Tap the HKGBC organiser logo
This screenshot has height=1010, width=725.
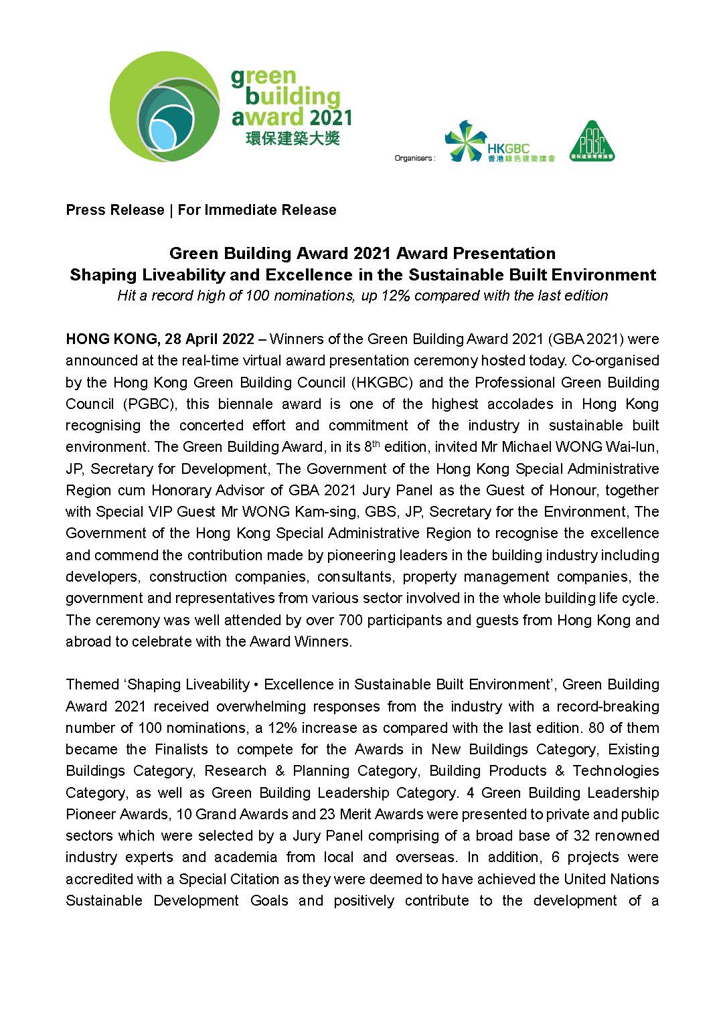(x=499, y=144)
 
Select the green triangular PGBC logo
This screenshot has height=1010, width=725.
(x=592, y=141)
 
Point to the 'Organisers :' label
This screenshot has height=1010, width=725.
(x=414, y=159)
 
